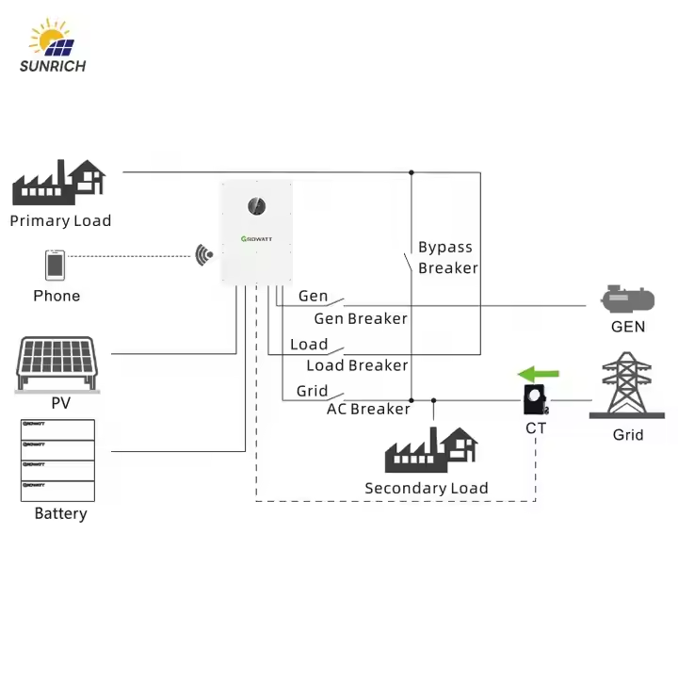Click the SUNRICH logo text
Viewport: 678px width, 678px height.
[x=53, y=66]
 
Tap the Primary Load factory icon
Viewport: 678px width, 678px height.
[x=58, y=182]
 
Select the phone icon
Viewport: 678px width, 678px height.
[x=55, y=265]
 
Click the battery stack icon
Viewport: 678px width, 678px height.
[x=57, y=460]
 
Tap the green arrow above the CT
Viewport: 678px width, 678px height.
[x=539, y=373]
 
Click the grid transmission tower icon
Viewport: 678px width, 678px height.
[x=627, y=386]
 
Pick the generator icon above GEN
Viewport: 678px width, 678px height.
[x=627, y=299]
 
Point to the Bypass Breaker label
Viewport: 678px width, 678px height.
[x=447, y=258]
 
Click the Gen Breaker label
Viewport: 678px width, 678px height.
[x=361, y=318]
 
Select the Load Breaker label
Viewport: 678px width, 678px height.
[x=357, y=365]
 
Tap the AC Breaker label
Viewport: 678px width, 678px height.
[x=368, y=409]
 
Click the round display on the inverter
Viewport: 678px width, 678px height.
[x=256, y=206]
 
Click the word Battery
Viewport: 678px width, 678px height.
[x=60, y=513]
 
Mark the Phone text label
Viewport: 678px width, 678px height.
[x=56, y=296]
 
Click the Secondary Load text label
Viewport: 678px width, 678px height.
[x=427, y=488]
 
